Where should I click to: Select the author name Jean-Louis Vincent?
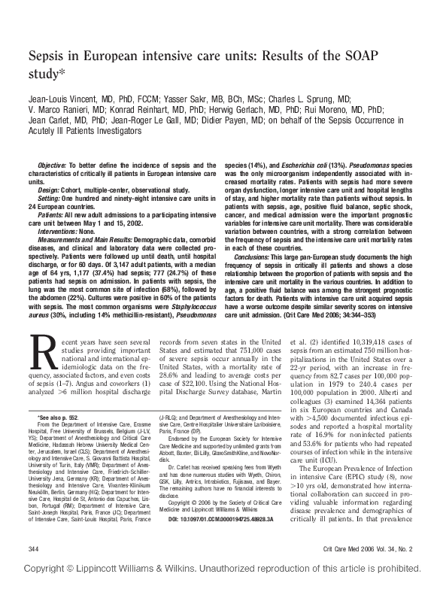(63, 99)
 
